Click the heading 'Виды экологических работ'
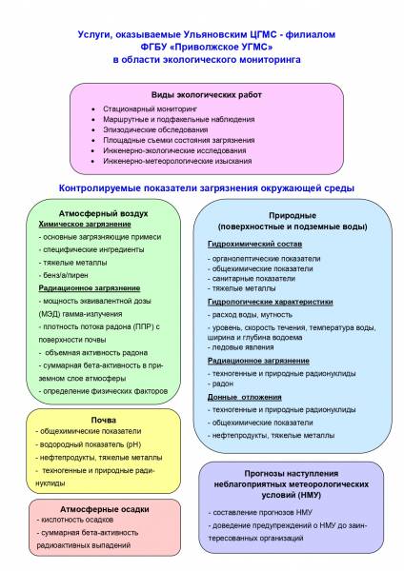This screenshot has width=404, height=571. pyautogui.click(x=207, y=95)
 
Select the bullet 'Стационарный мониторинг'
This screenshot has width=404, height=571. pyautogui.click(x=150, y=108)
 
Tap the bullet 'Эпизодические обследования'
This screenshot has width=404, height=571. pyautogui.click(x=155, y=129)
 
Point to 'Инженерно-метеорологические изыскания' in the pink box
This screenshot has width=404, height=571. pyautogui.click(x=177, y=161)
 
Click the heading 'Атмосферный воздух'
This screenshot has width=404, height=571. pyautogui.click(x=104, y=213)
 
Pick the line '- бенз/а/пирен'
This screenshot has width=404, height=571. pyautogui.click(x=64, y=275)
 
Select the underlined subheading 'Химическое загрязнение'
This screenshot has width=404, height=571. pyautogui.click(x=85, y=225)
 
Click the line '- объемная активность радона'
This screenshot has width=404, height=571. pyautogui.click(x=93, y=352)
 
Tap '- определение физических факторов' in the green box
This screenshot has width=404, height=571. pyautogui.click(x=103, y=391)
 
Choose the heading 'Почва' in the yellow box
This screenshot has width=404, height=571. pyautogui.click(x=104, y=421)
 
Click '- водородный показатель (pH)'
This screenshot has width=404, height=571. pyautogui.click(x=89, y=444)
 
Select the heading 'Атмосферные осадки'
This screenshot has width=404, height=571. pyautogui.click(x=105, y=509)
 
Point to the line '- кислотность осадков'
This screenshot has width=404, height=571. pyautogui.click(x=75, y=520)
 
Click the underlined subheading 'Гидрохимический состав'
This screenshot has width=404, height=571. pyautogui.click(x=254, y=244)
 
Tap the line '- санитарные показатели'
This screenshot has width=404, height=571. pyautogui.click(x=252, y=279)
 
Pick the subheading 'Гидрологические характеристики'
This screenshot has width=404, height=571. pyautogui.click(x=271, y=302)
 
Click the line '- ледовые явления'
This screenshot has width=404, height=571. pyautogui.click(x=241, y=347)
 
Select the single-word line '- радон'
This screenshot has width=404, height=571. pyautogui.click(x=221, y=384)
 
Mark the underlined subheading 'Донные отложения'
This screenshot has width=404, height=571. pyautogui.click(x=245, y=397)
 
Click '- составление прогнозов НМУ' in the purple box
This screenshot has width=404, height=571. pyautogui.click(x=260, y=512)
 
